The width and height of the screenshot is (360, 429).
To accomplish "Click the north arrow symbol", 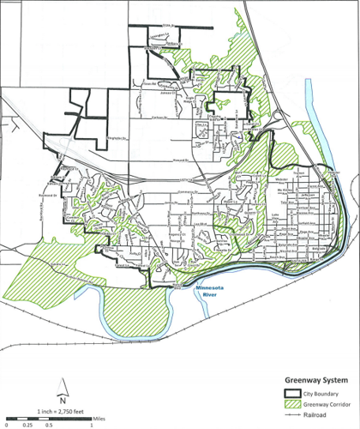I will click(x=63, y=385).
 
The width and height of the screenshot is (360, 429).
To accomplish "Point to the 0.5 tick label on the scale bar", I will click(x=50, y=424).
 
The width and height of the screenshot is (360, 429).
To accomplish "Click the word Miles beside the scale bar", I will click(x=100, y=416).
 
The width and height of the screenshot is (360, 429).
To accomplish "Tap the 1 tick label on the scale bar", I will click(x=90, y=424).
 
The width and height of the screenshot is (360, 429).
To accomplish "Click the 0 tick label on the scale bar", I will click(x=7, y=424).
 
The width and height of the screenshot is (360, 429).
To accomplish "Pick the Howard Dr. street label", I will click(x=177, y=160).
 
